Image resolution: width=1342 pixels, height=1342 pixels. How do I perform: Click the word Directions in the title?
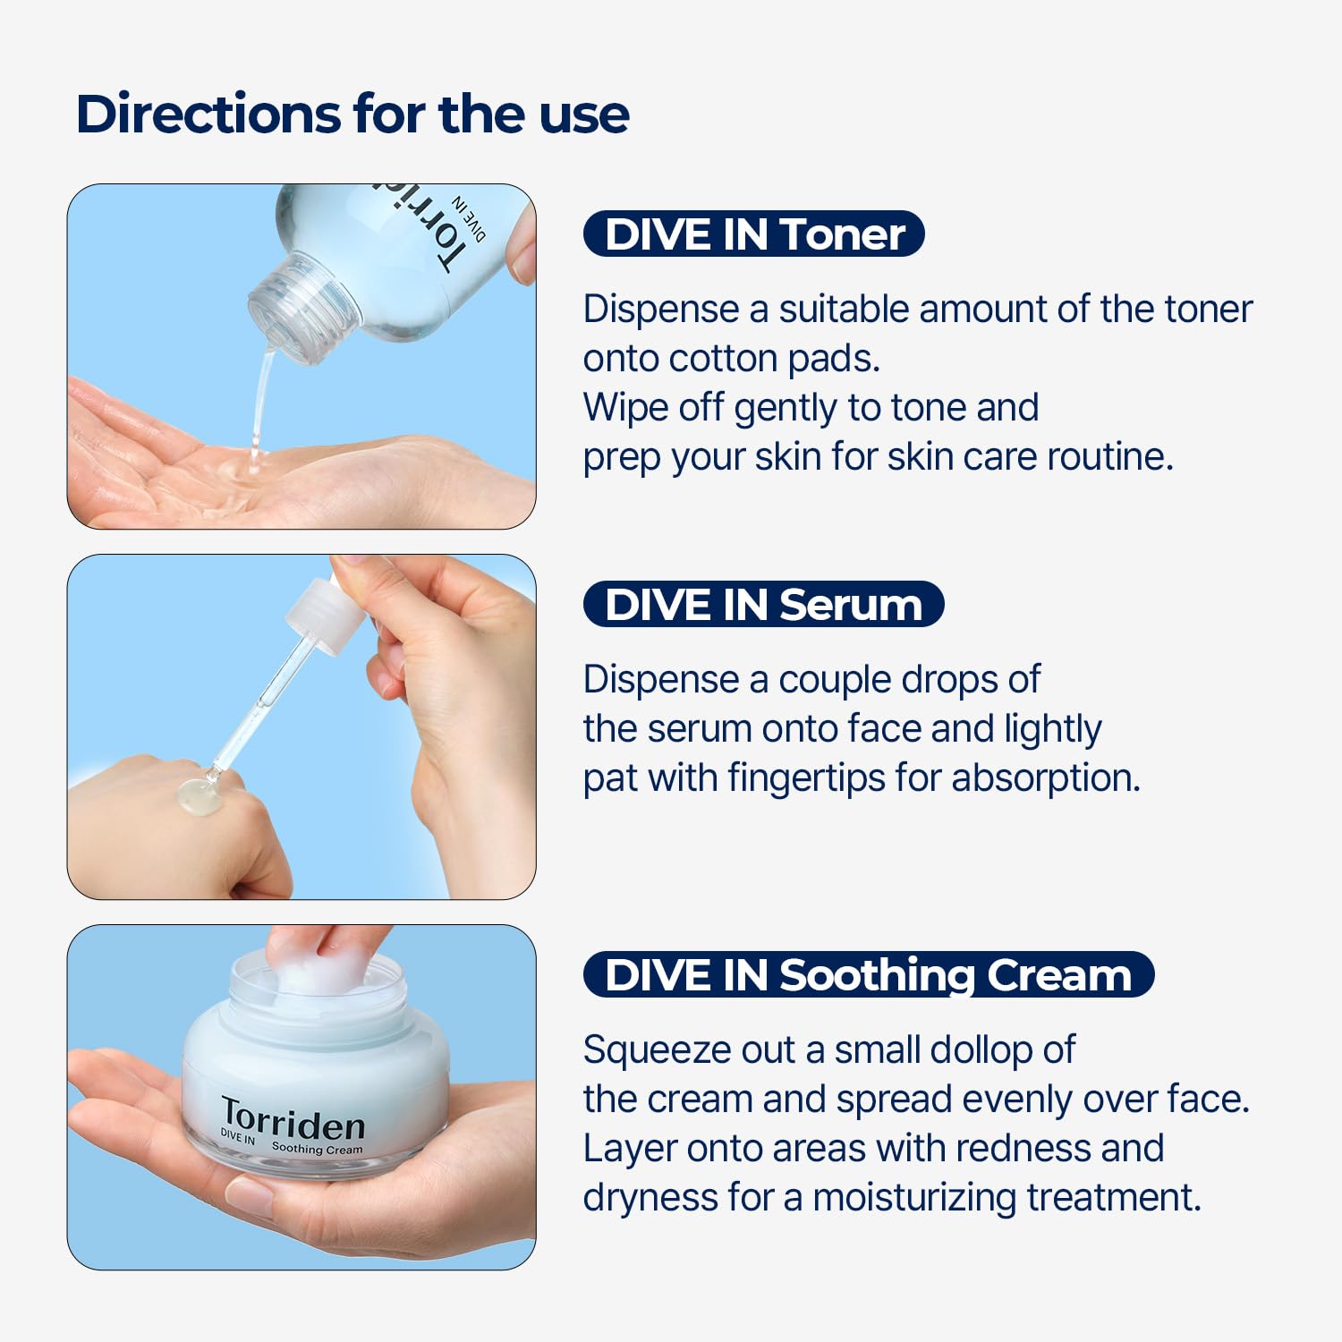coord(208,115)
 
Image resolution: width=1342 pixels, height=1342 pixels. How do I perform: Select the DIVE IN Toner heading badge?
coord(753,234)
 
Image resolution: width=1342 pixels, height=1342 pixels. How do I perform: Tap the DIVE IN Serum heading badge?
coord(763,605)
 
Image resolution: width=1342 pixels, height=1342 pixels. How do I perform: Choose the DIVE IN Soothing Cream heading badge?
coord(868,975)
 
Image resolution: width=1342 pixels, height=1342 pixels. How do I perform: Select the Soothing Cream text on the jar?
coord(317,1149)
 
